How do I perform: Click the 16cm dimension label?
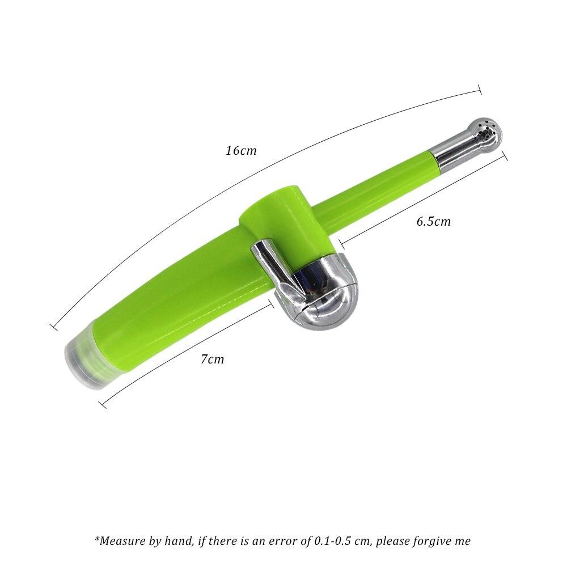click(x=241, y=150)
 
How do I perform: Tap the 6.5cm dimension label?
click(x=434, y=221)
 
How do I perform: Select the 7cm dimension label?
click(x=212, y=359)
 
